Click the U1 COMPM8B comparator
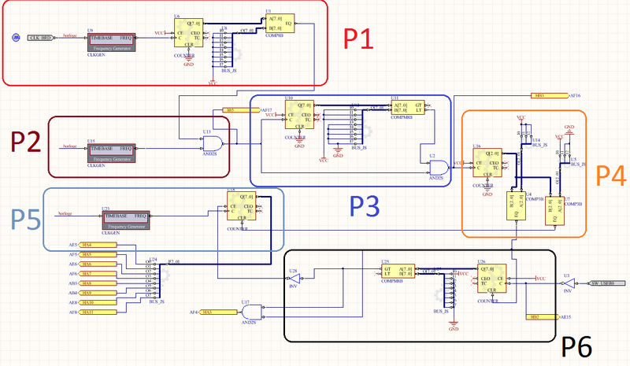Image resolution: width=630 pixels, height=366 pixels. (280, 22)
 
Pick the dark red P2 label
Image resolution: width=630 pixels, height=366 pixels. (26, 142)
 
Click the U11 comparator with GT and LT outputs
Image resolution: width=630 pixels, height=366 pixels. (409, 109)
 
